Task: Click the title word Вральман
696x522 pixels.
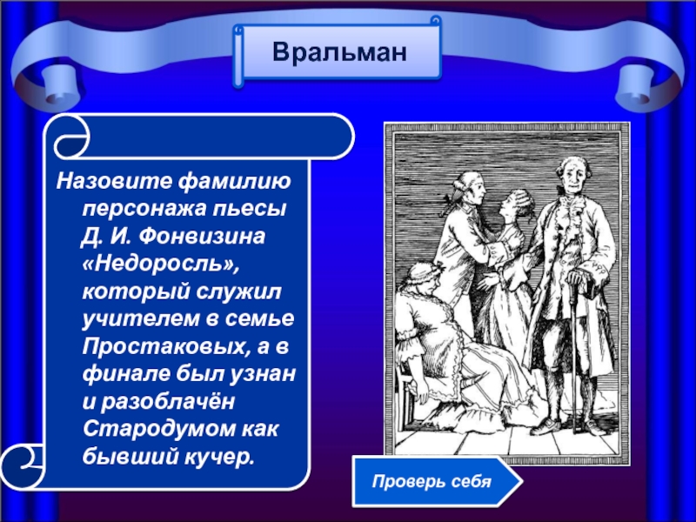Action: pyautogui.click(x=339, y=52)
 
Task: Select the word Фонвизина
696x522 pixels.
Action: pyautogui.click(x=202, y=236)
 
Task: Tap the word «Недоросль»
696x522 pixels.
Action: pyautogui.click(x=161, y=264)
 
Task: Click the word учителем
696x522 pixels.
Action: pyautogui.click(x=140, y=319)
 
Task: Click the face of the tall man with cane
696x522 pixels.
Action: pyautogui.click(x=572, y=175)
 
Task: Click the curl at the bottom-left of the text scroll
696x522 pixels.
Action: pyautogui.click(x=23, y=465)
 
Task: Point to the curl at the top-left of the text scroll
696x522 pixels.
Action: pyautogui.click(x=72, y=138)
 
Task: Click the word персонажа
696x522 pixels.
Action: pyautogui.click(x=144, y=210)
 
